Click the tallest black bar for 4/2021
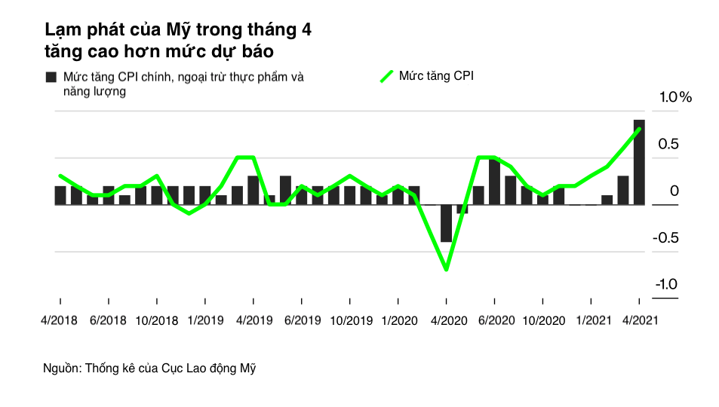pos(639,162)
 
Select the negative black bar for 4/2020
pos(446,223)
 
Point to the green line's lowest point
pos(446,269)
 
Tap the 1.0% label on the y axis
pos(675,98)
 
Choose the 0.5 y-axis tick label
pos(669,145)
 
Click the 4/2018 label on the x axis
pos(58,320)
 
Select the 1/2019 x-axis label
pos(204,320)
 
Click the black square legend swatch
pos(51,78)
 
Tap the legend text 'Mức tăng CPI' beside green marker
pos(436,76)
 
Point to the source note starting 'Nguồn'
pos(152,369)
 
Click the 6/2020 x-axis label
pos(496,320)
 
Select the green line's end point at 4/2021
pos(639,129)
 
